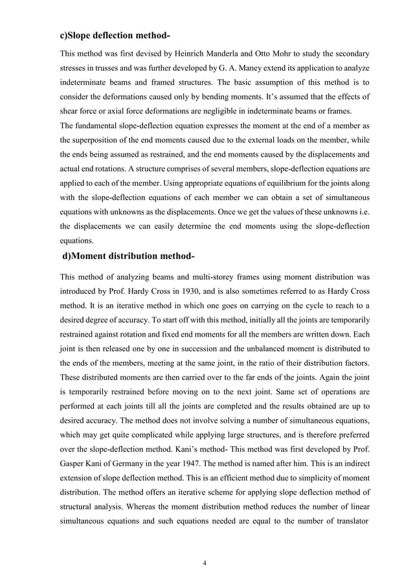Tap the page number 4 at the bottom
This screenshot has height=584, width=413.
pyautogui.click(x=205, y=562)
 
